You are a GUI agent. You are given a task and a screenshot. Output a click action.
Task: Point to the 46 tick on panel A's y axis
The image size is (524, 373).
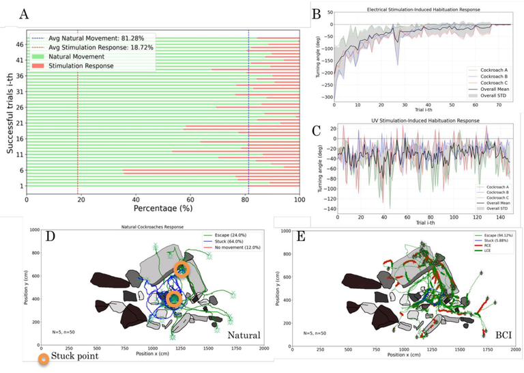(20, 44)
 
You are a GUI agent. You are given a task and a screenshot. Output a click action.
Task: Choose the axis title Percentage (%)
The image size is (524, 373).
(162, 208)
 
